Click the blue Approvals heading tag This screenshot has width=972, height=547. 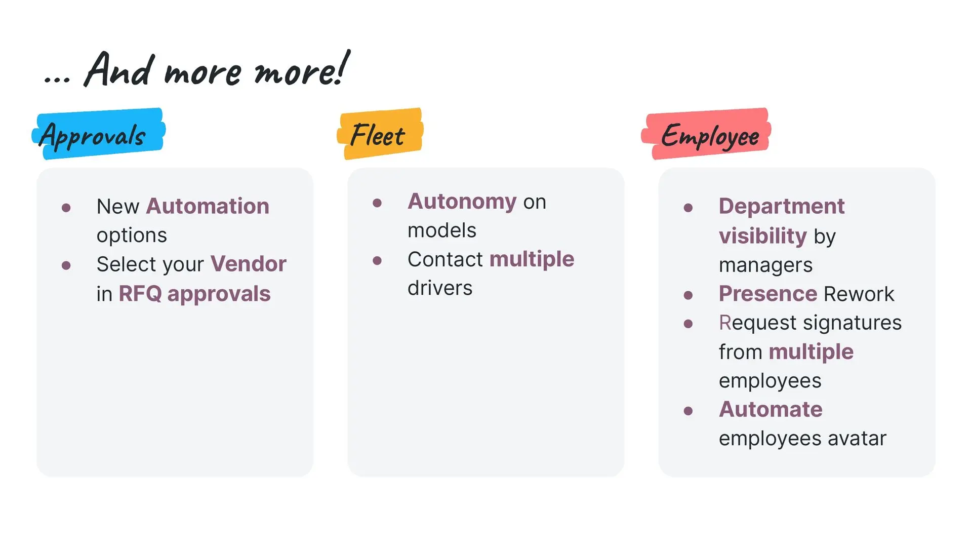tap(99, 134)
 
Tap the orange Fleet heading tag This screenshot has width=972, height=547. tap(380, 134)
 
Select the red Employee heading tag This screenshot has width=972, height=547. tap(706, 134)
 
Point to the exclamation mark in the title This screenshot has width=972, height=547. tap(343, 67)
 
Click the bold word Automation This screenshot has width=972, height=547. tap(208, 206)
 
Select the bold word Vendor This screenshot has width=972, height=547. tap(248, 264)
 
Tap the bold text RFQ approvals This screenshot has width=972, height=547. tap(194, 294)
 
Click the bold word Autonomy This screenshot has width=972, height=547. tap(462, 202)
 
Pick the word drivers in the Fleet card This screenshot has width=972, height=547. tap(440, 288)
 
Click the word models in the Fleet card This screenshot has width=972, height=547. tap(442, 230)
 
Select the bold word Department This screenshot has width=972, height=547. tap(782, 206)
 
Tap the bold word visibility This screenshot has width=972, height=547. tap(763, 236)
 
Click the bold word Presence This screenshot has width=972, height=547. tap(768, 294)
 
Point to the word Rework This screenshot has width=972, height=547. tap(859, 294)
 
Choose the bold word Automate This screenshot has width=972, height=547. tap(771, 409)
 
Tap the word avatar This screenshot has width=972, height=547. tap(857, 438)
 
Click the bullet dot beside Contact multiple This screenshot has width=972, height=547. tap(377, 261)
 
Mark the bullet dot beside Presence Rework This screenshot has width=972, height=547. tap(688, 295)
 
